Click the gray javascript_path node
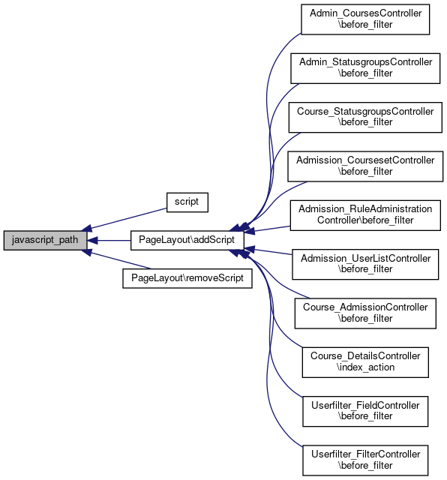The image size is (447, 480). click(45, 240)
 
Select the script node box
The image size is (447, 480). click(187, 202)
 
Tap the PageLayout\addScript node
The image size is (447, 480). click(187, 240)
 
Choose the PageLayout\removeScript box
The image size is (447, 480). click(187, 278)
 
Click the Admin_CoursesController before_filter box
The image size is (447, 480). click(365, 19)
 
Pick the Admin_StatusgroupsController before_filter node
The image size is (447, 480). click(365, 68)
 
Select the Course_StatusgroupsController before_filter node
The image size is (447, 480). click(365, 117)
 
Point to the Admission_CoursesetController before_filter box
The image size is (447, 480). click(365, 166)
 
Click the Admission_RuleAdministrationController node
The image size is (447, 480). click(365, 215)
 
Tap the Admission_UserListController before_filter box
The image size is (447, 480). click(365, 264)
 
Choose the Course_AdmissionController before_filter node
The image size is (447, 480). click(365, 313)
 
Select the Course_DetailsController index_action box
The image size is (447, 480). click(365, 362)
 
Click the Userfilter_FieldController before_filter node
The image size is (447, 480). click(365, 411)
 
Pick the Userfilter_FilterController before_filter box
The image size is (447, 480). click(365, 460)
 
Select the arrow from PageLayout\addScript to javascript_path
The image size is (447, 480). click(109, 241)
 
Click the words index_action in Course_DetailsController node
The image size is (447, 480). click(365, 367)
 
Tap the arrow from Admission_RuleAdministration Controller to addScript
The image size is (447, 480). click(267, 229)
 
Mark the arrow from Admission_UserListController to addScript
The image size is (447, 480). click(268, 251)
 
